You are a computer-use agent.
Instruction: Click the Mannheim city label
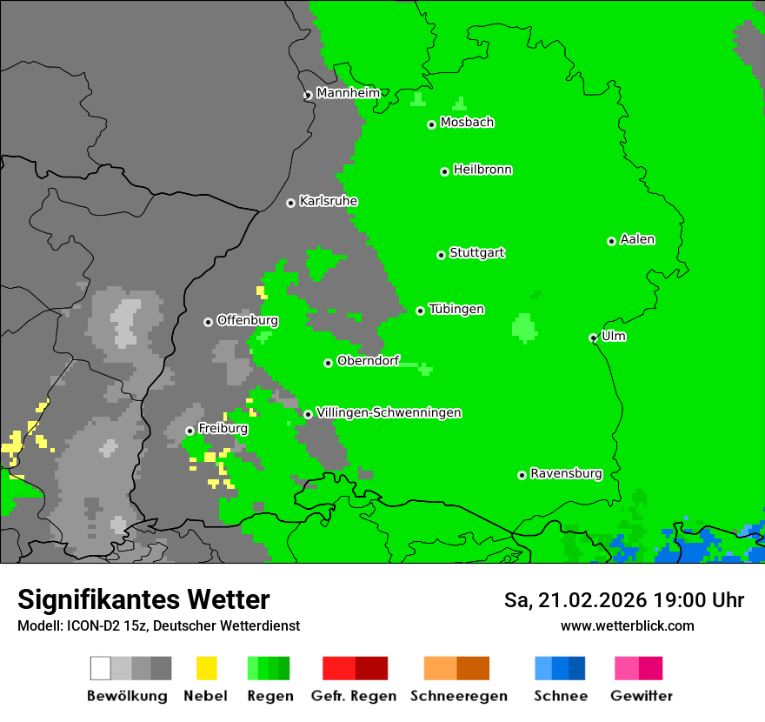coord(349,92)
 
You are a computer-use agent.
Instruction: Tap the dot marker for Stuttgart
coord(441,255)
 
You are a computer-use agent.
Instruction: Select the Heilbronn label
coord(482,170)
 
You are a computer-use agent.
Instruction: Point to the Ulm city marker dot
coord(594,338)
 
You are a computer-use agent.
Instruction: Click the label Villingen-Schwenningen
coord(389,412)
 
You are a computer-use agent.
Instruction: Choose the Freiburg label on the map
coord(223,429)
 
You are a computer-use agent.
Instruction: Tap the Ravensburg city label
coord(566,473)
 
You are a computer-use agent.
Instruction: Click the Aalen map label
coord(637,239)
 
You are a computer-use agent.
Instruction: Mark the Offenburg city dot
coord(208,322)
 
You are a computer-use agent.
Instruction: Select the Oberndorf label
coord(368,361)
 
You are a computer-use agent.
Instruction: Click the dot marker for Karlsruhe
coord(290,203)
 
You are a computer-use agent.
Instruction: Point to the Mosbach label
coord(467,123)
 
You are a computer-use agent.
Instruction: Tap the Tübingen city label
coord(456,309)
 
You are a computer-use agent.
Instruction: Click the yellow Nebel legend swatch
coord(207,668)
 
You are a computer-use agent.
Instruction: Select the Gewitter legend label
coord(642,696)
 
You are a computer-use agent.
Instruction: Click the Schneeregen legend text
coord(459,696)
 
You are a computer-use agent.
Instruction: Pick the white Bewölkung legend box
coord(101,668)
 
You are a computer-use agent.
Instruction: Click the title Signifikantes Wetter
coord(143,600)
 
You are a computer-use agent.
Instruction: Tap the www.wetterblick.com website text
coord(627,625)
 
